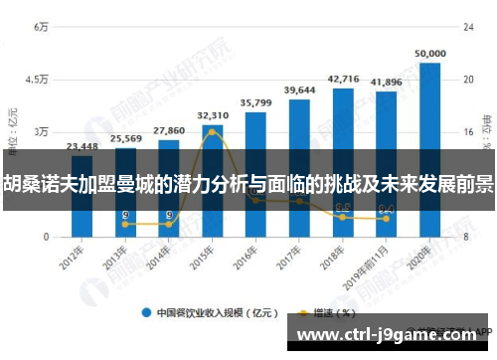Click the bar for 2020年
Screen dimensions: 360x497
pos(429,149)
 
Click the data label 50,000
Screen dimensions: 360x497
pos(429,53)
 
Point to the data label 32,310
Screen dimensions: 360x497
pos(213,115)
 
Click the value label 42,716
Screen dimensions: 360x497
pos(343,78)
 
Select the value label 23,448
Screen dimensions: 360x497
pos(82,146)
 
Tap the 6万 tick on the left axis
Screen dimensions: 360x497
pos(41,27)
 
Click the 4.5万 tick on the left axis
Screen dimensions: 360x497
pos(37,80)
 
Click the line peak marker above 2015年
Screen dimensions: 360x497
pos(213,131)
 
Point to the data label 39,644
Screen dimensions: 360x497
pos(299,90)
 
